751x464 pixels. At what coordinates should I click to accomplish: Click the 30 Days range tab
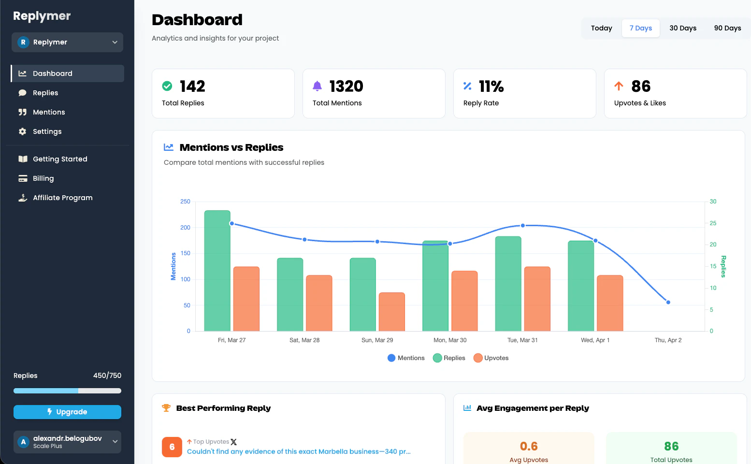682,28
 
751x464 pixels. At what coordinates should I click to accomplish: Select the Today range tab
601,28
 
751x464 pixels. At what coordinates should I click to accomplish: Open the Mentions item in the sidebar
48,112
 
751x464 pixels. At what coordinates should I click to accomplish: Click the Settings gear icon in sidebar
22,131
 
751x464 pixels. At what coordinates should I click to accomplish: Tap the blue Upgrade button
67,412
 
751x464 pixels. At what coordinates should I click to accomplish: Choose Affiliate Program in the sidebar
62,198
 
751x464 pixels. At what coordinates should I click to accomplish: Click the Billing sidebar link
43,178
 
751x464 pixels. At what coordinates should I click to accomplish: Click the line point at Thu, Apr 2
668,303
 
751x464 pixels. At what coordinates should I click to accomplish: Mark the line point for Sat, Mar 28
304,240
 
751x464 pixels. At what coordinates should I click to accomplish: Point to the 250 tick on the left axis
185,202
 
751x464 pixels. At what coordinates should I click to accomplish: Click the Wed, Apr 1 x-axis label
595,340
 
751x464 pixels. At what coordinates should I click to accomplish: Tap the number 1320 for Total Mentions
346,86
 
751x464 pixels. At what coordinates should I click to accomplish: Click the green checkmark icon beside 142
167,86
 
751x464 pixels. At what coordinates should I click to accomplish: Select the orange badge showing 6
172,447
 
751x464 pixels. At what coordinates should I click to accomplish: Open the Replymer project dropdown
67,42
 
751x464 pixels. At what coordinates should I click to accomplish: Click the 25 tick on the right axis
713,223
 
